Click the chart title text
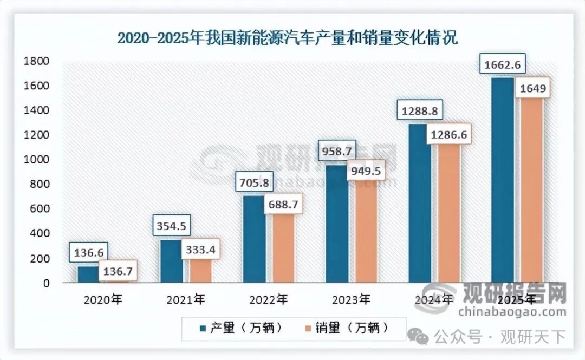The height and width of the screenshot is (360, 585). (x=287, y=38)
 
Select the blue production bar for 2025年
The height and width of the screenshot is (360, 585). (x=502, y=184)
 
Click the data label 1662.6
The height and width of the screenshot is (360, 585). (x=503, y=66)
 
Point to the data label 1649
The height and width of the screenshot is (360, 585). (x=532, y=88)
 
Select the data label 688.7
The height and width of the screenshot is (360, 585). (x=284, y=205)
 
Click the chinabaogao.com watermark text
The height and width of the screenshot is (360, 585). (x=512, y=312)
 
